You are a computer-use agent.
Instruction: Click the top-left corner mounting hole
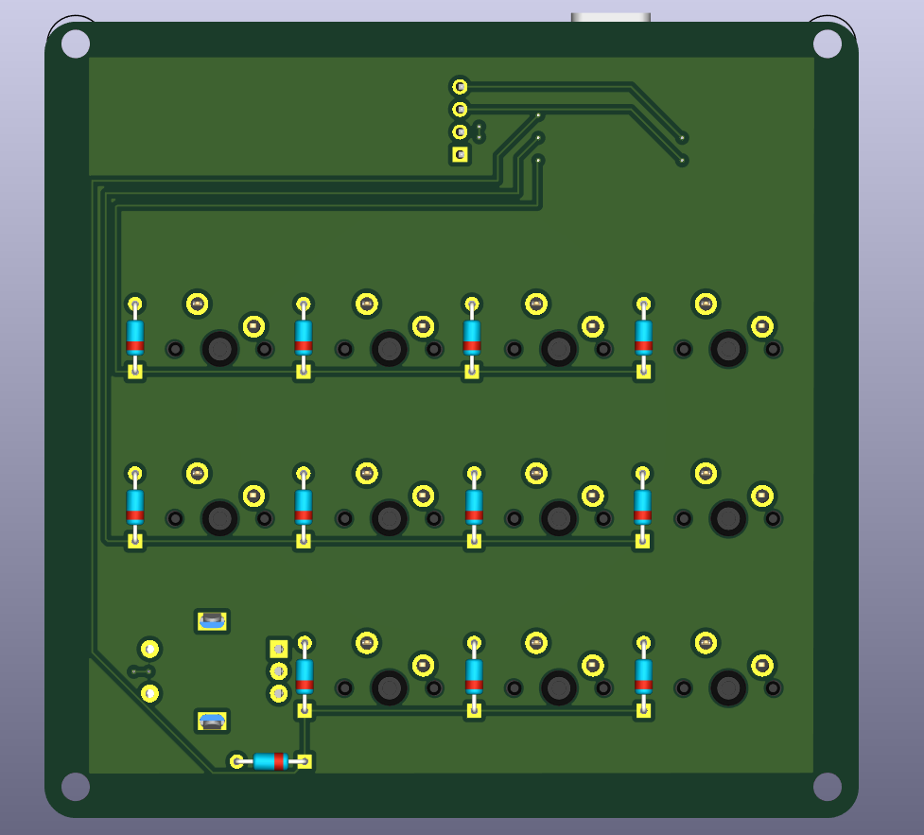(x=76, y=43)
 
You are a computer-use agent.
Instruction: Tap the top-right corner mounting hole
(x=827, y=43)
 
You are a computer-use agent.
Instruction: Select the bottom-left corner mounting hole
(x=76, y=787)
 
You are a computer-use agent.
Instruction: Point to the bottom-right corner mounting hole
(x=827, y=787)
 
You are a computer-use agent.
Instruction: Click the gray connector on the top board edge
(x=610, y=18)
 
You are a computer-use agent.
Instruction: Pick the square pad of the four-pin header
(x=460, y=154)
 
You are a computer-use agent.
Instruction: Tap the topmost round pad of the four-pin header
(x=460, y=87)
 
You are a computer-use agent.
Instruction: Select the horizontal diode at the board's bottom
(x=270, y=761)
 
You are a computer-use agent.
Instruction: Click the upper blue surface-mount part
(x=212, y=620)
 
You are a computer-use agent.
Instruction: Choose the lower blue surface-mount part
(x=212, y=722)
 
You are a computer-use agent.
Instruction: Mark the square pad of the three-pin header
(x=278, y=649)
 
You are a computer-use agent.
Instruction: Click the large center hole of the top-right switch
(x=728, y=349)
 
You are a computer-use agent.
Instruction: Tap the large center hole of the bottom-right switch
(x=728, y=687)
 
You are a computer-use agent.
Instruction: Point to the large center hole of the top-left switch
(x=219, y=349)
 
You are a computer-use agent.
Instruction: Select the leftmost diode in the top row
(x=135, y=337)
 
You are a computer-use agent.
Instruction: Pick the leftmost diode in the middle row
(x=135, y=506)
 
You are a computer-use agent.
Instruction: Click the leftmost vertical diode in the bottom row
(x=305, y=675)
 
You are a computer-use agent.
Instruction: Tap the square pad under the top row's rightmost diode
(x=643, y=371)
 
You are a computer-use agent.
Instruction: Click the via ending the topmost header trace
(x=682, y=137)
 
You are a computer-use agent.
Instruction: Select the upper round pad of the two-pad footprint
(x=149, y=649)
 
